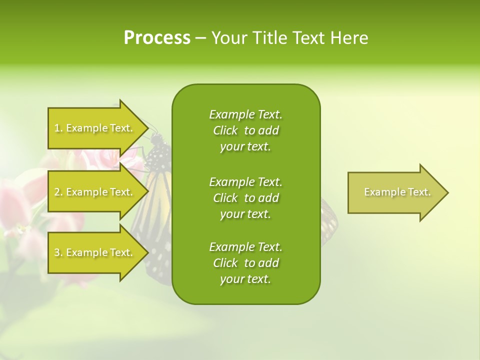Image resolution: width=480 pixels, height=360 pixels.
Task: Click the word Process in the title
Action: (157, 38)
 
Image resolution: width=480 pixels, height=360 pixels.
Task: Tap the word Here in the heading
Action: (349, 38)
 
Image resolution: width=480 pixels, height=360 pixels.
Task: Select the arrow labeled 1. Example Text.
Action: (95, 128)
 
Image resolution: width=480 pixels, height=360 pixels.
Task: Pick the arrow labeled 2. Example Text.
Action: (95, 192)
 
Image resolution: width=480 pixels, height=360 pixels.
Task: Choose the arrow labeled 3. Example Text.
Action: (95, 252)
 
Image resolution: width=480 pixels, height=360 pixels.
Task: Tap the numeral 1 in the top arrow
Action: (57, 128)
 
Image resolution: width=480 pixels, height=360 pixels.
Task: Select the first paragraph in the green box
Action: (245, 130)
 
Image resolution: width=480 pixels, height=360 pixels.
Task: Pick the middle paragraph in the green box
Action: (245, 197)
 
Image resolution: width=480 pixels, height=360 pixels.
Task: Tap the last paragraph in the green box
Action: (245, 263)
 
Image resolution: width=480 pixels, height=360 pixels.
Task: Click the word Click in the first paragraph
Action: (225, 130)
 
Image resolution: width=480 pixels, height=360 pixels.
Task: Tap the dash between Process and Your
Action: (200, 38)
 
